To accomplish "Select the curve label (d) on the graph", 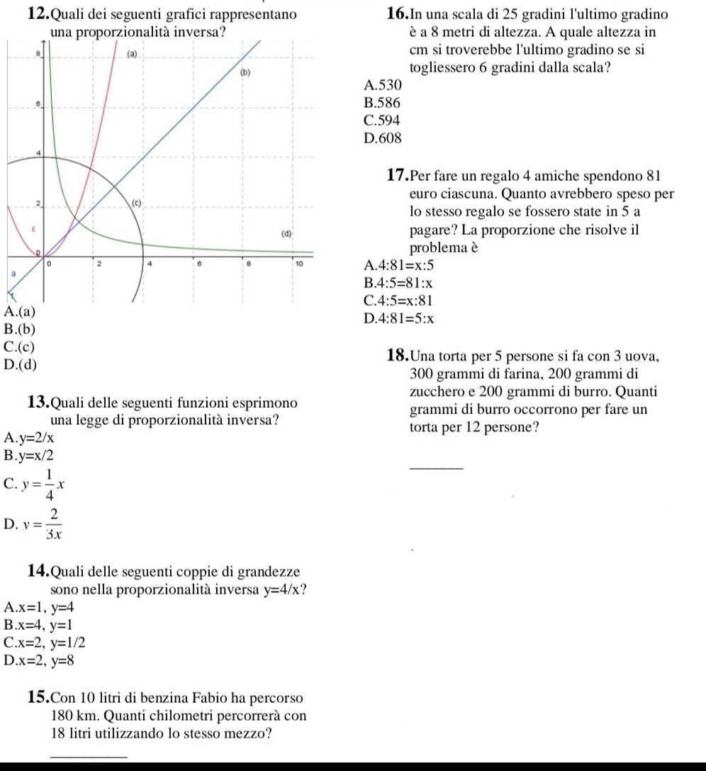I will (286, 233).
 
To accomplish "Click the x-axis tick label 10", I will (298, 264).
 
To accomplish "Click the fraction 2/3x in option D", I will (53, 526).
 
